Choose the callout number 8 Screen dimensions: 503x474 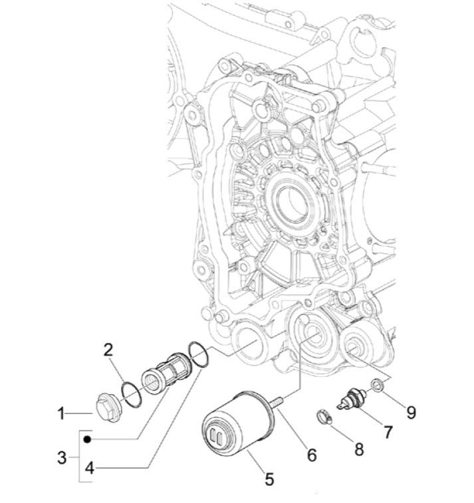(x=358, y=449)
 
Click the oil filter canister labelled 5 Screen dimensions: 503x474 (x=235, y=426)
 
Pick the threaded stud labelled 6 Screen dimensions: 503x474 (x=277, y=401)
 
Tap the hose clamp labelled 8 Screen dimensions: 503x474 (x=323, y=418)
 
